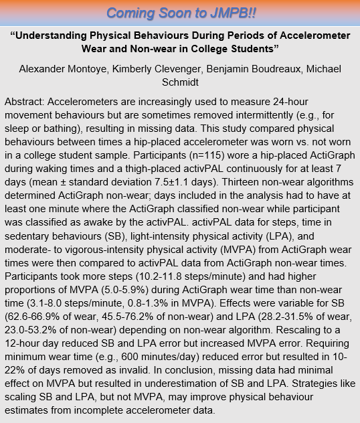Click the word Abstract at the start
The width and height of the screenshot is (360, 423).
tap(24, 100)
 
